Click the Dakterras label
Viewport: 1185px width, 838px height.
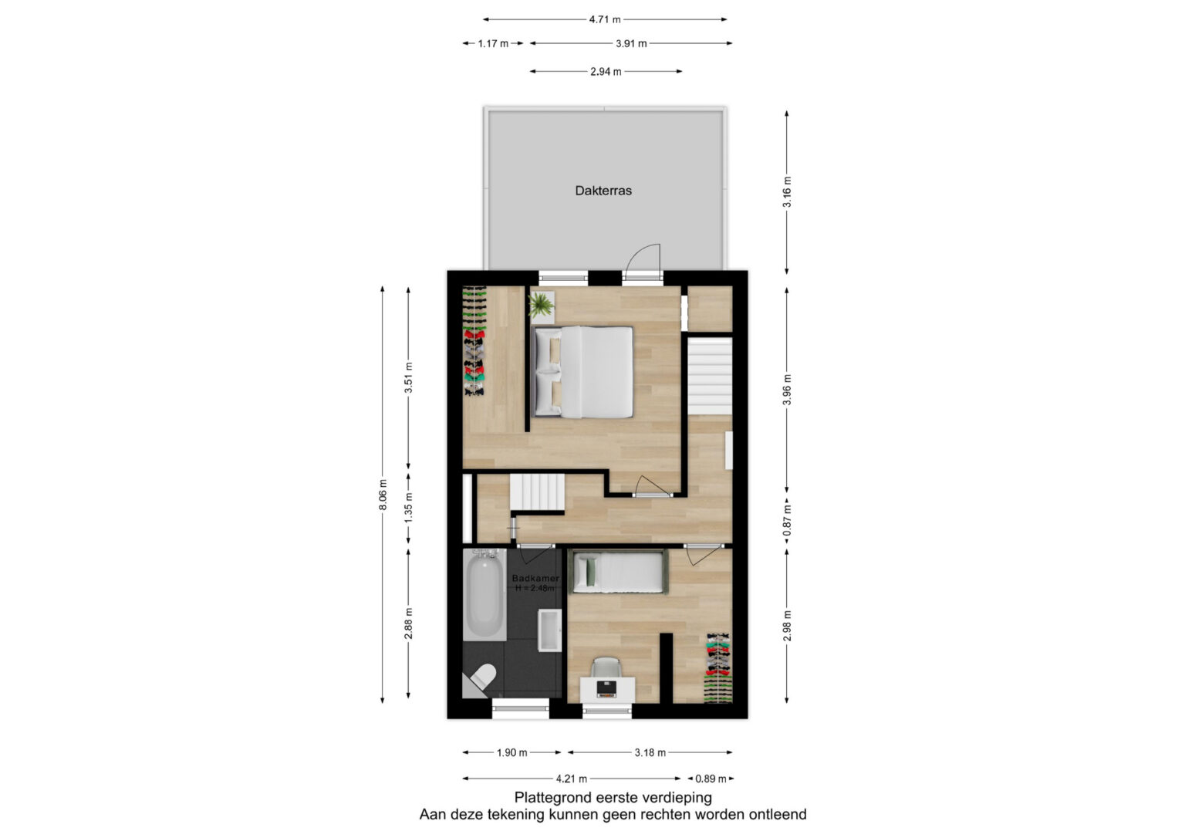(603, 191)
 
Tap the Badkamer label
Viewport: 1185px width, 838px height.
(535, 578)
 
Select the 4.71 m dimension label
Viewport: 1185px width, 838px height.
(605, 19)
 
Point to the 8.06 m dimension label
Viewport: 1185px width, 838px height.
(383, 495)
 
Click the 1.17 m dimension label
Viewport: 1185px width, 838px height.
(493, 43)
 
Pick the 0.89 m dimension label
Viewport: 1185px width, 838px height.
(711, 779)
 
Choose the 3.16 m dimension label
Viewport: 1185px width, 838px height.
(787, 191)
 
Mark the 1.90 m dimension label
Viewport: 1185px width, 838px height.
(511, 753)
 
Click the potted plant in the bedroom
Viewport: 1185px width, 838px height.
(541, 306)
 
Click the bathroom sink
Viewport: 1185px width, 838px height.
(549, 630)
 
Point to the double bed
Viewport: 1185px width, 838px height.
(582, 372)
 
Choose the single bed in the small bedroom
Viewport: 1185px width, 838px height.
(618, 573)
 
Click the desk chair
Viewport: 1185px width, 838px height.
(606, 667)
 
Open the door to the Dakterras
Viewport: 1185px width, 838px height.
(642, 262)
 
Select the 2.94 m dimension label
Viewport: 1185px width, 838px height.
(606, 72)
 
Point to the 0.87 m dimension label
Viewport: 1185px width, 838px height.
(787, 520)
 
